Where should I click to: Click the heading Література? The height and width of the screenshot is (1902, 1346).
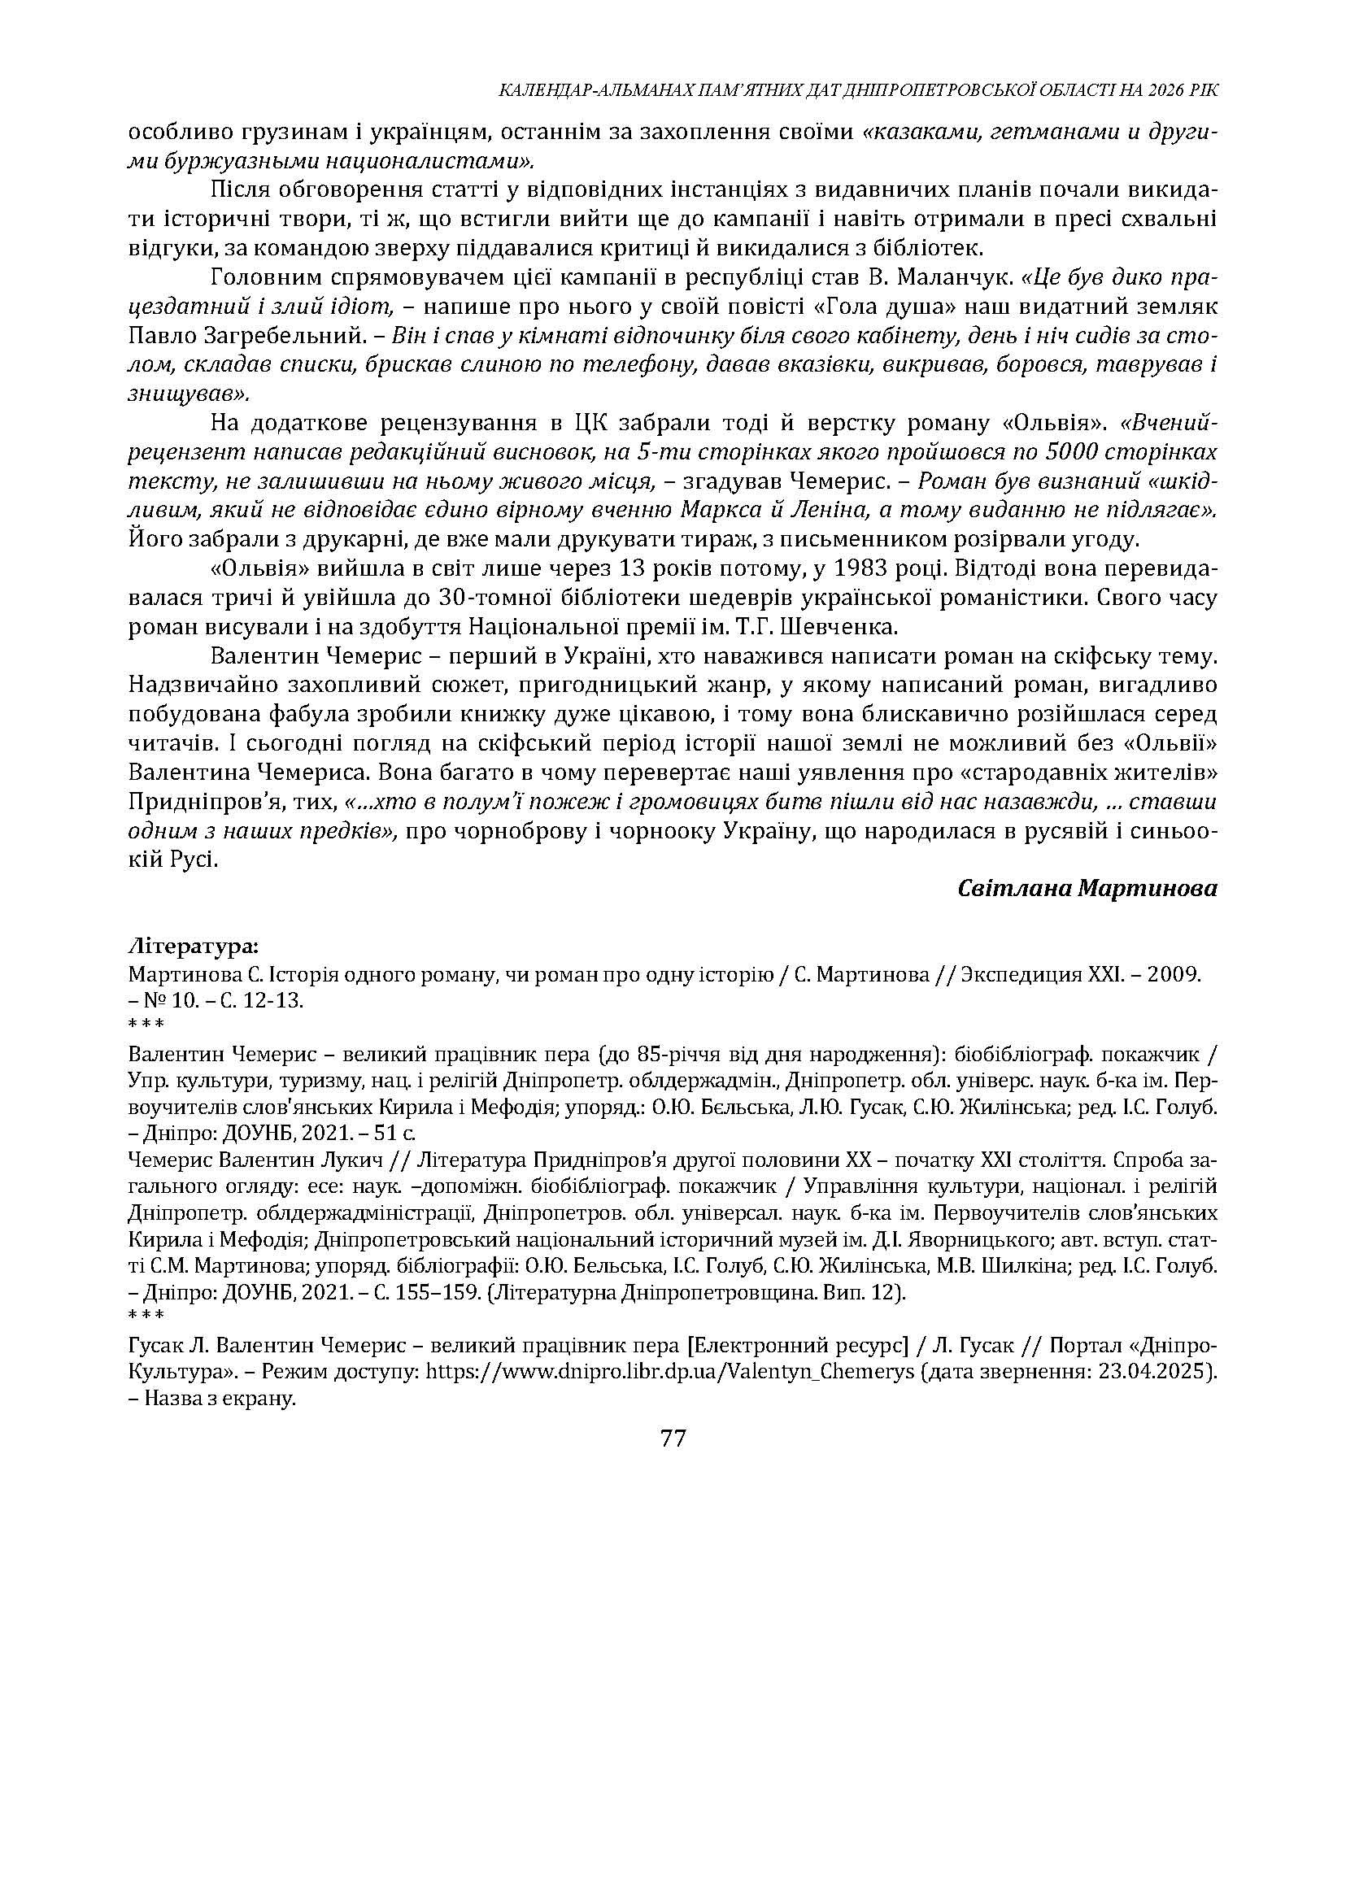click(x=193, y=946)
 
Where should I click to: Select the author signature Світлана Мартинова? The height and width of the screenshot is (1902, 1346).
click(x=1087, y=889)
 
